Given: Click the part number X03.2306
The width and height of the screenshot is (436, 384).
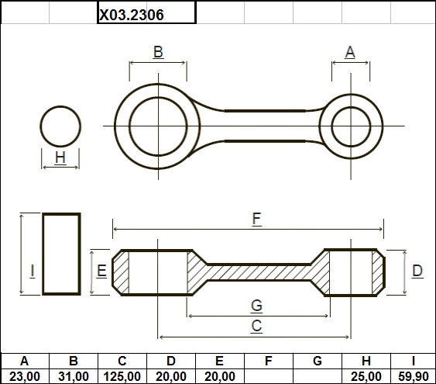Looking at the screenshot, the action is click(x=132, y=15).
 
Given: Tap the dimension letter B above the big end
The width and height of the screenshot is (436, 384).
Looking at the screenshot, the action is click(x=158, y=52).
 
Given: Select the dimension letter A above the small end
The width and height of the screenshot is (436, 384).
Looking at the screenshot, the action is click(x=350, y=52).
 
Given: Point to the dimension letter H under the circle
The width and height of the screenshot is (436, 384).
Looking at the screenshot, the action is click(x=60, y=157).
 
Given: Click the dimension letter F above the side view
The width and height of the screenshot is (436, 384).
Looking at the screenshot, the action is click(x=256, y=219).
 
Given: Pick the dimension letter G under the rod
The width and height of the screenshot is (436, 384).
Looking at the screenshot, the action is click(x=256, y=305).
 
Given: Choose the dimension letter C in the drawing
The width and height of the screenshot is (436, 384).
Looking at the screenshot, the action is click(x=256, y=326).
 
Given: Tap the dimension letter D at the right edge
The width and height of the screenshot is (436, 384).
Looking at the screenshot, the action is click(x=417, y=271).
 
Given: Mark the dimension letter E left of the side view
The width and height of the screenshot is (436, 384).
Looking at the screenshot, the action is click(x=101, y=271).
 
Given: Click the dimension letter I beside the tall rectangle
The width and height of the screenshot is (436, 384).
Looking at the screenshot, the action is click(x=33, y=271).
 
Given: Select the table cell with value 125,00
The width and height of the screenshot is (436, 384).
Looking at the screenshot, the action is click(x=122, y=376).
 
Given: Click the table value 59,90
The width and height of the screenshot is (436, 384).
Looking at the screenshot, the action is click(x=414, y=377).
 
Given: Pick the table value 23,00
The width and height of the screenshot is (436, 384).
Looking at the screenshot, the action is click(x=25, y=377).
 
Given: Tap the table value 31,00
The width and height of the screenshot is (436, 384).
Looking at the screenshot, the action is click(x=74, y=377).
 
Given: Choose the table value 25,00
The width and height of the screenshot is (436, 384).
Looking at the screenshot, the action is click(x=366, y=377).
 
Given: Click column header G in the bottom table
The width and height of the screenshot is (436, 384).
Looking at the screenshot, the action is click(x=318, y=361).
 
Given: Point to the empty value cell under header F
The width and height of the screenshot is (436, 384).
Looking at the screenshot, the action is click(x=269, y=376).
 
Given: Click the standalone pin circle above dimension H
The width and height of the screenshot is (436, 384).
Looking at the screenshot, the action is click(x=60, y=106).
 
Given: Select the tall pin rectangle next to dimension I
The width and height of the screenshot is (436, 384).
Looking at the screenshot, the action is click(x=43, y=254).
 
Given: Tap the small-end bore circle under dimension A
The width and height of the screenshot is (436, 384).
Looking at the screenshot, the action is click(x=351, y=107).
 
